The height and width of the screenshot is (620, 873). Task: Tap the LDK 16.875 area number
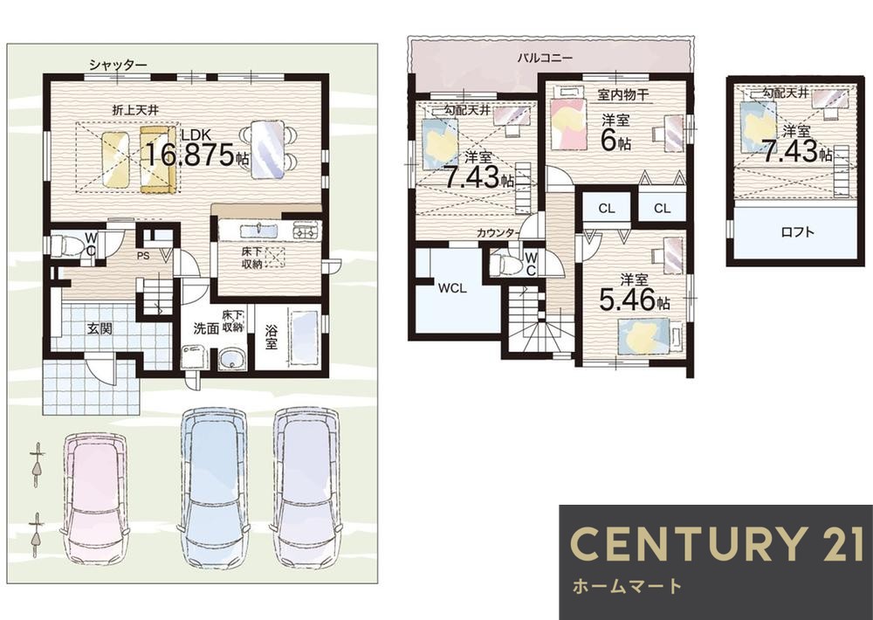tap(189, 155)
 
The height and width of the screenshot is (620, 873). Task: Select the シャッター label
tap(118, 65)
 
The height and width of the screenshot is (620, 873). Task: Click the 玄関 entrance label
tap(100, 328)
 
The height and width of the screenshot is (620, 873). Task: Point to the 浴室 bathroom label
tap(272, 336)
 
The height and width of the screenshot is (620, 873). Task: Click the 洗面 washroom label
tap(206, 328)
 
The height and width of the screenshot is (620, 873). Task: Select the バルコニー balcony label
tap(545, 58)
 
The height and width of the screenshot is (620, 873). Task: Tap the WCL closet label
tap(452, 288)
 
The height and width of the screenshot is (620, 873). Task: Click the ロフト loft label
tap(798, 232)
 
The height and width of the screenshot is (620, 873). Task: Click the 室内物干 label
tap(622, 94)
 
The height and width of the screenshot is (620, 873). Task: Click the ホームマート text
tap(627, 586)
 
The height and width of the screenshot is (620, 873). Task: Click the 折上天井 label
tap(136, 110)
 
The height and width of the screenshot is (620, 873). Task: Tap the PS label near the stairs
tap(144, 257)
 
